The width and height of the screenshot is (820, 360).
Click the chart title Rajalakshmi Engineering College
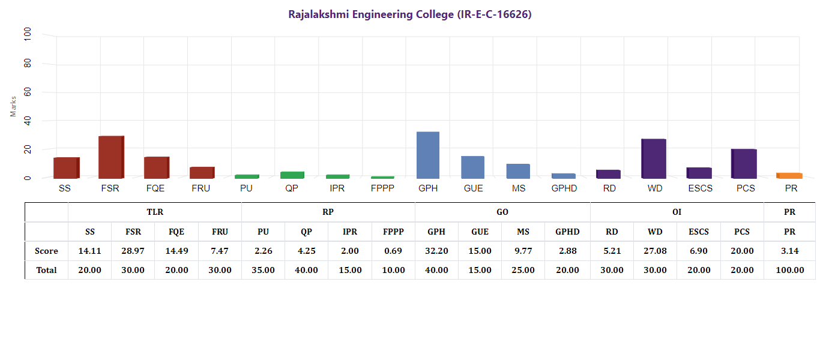point(410,14)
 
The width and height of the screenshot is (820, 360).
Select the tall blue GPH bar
point(428,155)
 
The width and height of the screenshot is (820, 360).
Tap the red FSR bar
point(111,157)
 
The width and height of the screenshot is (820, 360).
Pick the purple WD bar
point(654,158)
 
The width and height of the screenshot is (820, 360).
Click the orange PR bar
point(789,175)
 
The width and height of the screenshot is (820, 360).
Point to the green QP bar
point(292,175)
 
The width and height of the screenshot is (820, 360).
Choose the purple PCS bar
point(744,163)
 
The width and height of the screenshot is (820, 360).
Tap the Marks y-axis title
point(13,106)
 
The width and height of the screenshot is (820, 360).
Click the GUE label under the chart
point(473,188)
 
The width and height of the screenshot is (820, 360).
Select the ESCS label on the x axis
point(699,188)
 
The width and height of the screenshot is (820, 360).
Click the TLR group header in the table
point(155,212)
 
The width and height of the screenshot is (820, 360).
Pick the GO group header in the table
point(502,212)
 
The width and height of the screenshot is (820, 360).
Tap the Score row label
point(46,251)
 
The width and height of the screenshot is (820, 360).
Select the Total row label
point(46,270)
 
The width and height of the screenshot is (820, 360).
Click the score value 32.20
point(436,251)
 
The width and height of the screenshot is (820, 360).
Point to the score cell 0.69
point(393,251)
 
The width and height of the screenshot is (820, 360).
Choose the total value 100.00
point(789,270)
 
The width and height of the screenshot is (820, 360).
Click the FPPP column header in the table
point(393,232)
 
